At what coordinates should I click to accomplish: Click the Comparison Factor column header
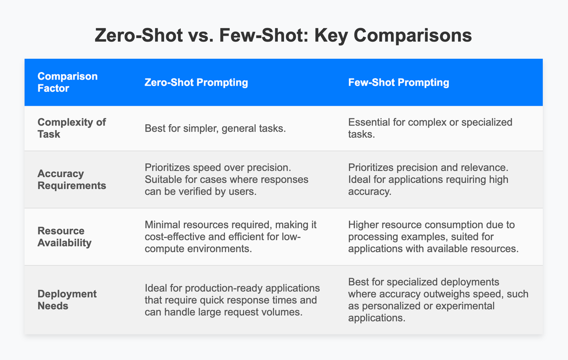coord(67,82)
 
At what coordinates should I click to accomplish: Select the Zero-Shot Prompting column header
coord(196,82)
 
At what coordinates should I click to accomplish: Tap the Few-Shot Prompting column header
coord(399,82)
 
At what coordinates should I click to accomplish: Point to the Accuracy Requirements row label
coord(71,180)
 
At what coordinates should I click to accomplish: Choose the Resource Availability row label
coord(64,236)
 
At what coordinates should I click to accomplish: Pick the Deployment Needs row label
coord(67,300)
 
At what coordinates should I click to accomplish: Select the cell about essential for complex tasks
coord(430,128)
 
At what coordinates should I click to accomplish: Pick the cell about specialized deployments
coord(438,300)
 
